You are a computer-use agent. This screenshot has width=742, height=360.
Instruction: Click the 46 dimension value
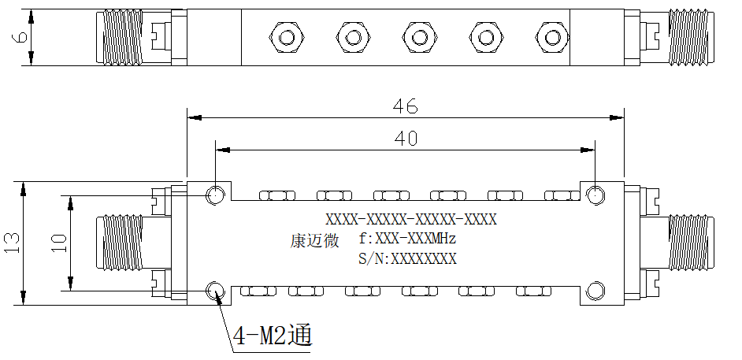pos(406,106)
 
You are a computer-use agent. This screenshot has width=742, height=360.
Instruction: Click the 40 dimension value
pos(406,138)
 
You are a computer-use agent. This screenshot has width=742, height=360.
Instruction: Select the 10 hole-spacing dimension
pos(60,243)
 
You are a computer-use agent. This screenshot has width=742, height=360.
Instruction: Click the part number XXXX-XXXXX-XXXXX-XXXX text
pos(411,220)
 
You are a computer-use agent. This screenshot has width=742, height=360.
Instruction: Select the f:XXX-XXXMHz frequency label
pos(407,239)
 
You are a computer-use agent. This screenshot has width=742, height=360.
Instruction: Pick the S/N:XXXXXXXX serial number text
pos(407,258)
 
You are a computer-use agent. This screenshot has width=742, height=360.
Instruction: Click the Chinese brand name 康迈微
pos(314,240)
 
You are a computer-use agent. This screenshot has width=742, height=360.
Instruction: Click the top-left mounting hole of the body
pos(215,195)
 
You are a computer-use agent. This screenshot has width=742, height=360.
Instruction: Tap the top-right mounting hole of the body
pos(595,195)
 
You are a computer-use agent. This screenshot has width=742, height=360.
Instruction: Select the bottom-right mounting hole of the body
pos(595,291)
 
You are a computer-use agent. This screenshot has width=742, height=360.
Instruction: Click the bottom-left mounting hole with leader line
pos(215,291)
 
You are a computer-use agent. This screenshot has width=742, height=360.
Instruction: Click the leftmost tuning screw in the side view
pos(287,37)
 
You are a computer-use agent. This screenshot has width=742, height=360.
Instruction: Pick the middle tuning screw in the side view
pos(419,37)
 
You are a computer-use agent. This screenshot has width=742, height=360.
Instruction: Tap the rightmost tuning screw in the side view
pos(551,37)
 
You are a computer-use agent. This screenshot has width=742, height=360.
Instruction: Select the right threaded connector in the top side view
pos(691,37)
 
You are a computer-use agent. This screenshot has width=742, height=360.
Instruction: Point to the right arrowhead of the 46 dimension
pos(617,117)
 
